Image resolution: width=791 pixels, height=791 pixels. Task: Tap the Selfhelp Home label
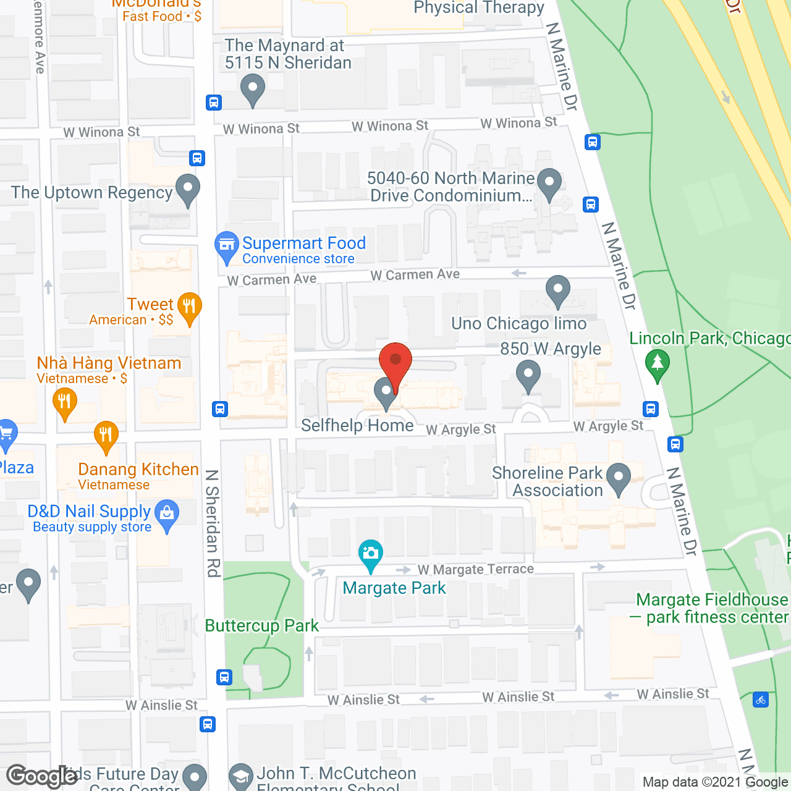pos(357,425)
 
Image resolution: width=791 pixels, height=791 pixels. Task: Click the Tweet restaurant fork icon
pos(189,307)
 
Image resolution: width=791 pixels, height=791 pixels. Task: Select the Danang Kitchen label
pos(138,470)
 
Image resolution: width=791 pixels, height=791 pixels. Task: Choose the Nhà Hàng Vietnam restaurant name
pos(109,363)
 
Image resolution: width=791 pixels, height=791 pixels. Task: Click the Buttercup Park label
pos(262,625)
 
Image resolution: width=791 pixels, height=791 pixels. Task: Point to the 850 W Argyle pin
pos(528,375)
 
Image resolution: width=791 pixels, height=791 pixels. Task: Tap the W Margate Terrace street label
pos(476,569)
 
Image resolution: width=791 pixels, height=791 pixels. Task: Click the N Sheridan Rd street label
pos(213,523)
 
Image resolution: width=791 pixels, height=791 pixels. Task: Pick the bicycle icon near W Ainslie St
pos(761,700)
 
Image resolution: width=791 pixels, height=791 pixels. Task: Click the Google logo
pos(42,776)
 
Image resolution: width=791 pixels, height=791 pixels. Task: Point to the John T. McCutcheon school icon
pos(241,777)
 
